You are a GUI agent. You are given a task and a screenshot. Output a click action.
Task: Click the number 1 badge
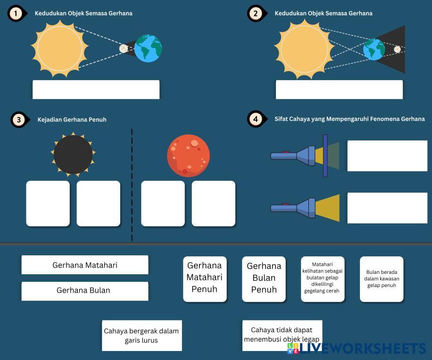[16, 14]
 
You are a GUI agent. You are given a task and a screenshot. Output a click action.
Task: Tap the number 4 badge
[255, 119]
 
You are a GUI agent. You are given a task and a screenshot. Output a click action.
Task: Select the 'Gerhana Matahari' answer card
[85, 265]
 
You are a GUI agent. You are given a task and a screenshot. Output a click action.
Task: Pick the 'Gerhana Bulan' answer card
[85, 291]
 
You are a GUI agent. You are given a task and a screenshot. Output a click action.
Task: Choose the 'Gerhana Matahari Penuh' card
[205, 278]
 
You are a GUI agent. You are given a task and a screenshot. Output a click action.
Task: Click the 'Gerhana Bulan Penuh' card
[264, 278]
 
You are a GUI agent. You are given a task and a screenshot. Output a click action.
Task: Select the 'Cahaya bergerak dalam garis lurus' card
[141, 335]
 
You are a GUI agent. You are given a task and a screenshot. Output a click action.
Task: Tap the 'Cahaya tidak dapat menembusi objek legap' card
[282, 335]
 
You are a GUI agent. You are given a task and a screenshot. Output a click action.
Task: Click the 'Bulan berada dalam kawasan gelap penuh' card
[382, 279]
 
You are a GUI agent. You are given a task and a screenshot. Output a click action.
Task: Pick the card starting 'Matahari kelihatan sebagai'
[323, 278]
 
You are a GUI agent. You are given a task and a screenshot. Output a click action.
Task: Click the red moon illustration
[188, 155]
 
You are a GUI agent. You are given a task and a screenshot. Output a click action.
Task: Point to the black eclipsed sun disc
[73, 155]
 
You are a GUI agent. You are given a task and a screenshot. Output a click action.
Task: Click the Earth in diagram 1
[148, 49]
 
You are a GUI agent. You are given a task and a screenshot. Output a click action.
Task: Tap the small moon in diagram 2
[397, 49]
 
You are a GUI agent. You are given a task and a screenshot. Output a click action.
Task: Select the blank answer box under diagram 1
[96, 90]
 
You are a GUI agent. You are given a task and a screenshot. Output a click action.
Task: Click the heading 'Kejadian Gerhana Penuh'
[72, 120]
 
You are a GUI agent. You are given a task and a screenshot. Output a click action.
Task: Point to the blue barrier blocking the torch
[325, 155]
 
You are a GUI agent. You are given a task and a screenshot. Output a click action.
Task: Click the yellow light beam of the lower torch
[328, 208]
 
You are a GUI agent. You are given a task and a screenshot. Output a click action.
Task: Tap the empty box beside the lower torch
[387, 208]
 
